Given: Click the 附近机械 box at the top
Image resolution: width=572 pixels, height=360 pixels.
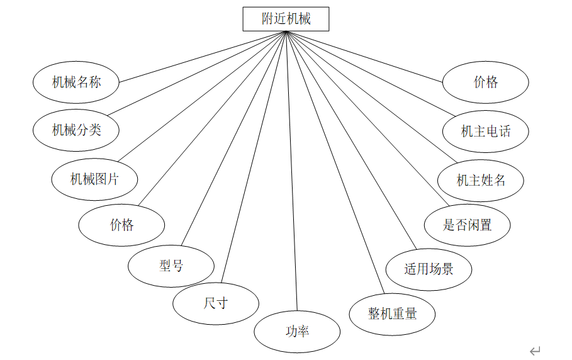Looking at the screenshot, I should (286, 19).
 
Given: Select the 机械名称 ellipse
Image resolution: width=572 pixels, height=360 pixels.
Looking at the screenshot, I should (76, 82).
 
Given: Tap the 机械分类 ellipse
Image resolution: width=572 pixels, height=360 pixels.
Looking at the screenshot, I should (76, 130).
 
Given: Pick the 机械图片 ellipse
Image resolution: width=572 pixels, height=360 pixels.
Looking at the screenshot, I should (94, 179).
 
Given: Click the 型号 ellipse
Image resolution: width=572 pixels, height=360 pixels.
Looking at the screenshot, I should (171, 266).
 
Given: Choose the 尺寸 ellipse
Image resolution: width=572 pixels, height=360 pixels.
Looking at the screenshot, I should (215, 303).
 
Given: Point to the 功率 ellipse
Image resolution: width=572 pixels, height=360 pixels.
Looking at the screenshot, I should (297, 331).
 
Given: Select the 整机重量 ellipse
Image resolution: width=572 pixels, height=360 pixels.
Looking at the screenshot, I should (392, 313).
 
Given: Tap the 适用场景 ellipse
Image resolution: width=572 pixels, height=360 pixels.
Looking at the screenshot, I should (429, 269).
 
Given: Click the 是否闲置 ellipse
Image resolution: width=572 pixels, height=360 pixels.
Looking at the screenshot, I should (467, 225).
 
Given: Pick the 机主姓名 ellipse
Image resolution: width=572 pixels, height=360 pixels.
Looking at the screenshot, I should (481, 181).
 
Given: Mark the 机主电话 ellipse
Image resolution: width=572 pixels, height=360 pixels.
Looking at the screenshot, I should (485, 131).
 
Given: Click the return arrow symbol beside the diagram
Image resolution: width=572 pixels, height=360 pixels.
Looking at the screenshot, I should (536, 351).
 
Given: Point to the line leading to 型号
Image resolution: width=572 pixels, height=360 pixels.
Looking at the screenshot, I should (234, 138).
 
